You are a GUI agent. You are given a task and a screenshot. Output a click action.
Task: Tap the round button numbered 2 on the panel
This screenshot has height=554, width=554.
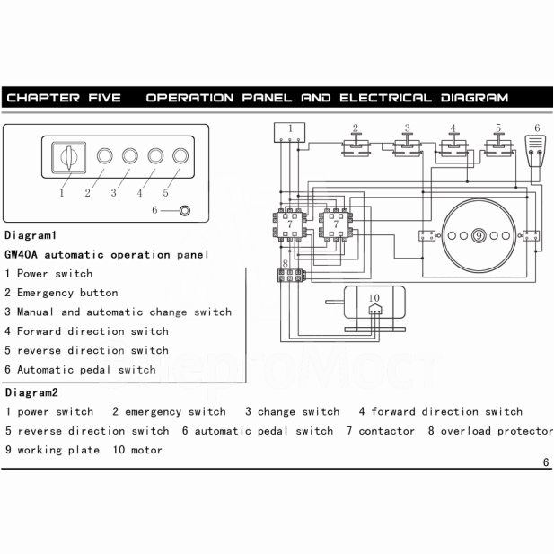(104, 159)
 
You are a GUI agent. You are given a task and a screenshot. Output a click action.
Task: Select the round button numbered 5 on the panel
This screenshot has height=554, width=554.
(180, 159)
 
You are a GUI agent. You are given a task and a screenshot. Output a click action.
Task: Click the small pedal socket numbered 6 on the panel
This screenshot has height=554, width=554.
(185, 211)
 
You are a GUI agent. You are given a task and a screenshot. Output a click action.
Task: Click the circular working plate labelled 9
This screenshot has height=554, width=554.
(480, 235)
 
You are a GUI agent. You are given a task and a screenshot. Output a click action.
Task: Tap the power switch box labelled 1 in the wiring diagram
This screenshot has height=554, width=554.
(290, 134)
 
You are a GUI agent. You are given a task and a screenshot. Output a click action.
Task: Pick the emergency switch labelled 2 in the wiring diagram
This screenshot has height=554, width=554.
(356, 144)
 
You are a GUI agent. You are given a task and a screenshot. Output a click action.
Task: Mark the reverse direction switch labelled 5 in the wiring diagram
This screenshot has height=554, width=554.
(494, 144)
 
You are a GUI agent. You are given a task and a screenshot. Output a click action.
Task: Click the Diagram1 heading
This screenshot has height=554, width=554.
(31, 235)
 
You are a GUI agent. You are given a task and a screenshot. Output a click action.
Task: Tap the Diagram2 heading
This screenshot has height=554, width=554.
(31, 392)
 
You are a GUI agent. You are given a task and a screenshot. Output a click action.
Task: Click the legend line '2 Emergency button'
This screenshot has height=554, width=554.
(61, 293)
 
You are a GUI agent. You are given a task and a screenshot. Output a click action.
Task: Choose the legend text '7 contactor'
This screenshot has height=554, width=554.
(381, 431)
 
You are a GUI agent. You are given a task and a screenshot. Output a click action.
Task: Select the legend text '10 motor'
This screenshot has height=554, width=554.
(137, 450)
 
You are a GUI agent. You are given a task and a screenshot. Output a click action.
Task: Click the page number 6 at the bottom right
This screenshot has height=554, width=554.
(545, 462)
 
